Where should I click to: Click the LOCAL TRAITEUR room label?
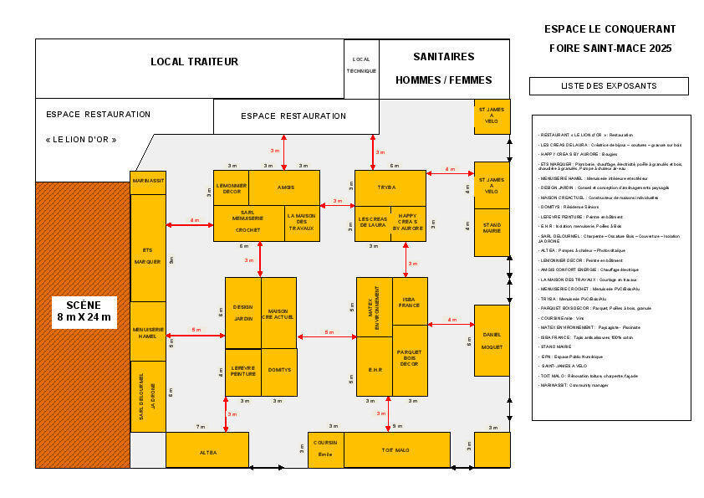pyautogui.click(x=194, y=61)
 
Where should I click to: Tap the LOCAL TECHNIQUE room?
pyautogui.click(x=361, y=64)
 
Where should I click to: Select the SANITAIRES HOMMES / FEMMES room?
pyautogui.click(x=443, y=68)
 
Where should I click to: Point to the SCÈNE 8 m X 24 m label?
pyautogui.click(x=84, y=311)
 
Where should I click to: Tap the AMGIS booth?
pyautogui.click(x=285, y=187)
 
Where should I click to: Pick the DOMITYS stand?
pyautogui.click(x=279, y=372)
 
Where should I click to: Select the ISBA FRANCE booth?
pyautogui.click(x=409, y=300)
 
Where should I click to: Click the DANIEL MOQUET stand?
pyautogui.click(x=492, y=340)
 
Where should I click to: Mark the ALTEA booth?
pyautogui.click(x=207, y=450)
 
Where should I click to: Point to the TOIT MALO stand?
pyautogui.click(x=396, y=449)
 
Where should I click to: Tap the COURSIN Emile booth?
pyautogui.click(x=325, y=449)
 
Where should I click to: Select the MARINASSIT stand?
pyautogui.click(x=148, y=182)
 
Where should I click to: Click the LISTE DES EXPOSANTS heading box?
pyautogui.click(x=609, y=85)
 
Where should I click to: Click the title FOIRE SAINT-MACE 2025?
pyautogui.click(x=610, y=48)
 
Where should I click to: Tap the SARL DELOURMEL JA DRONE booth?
pyautogui.click(x=148, y=396)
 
